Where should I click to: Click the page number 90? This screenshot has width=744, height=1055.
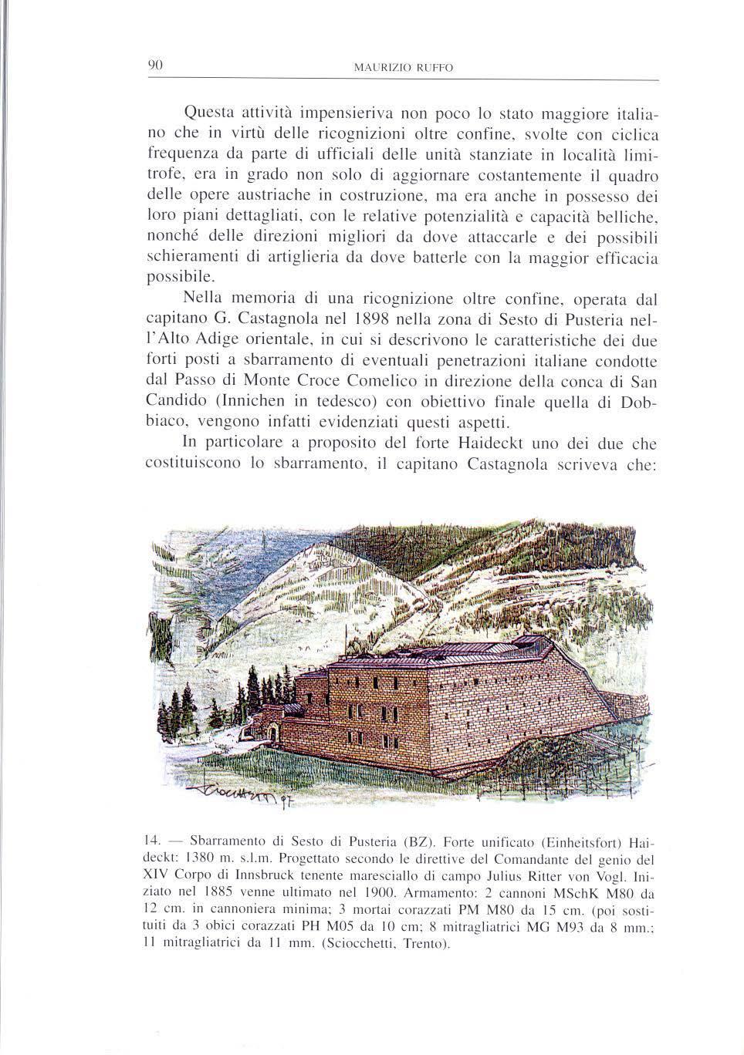click(x=153, y=66)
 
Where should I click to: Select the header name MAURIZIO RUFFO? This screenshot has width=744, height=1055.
click(x=402, y=69)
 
